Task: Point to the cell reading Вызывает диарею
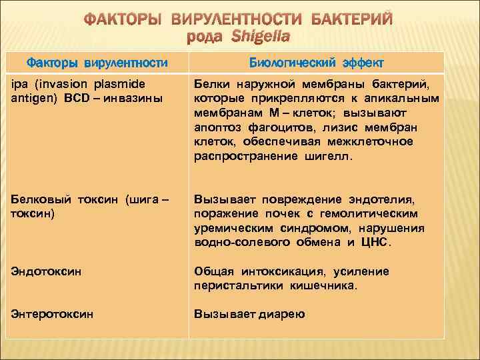249,313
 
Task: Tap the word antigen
31,99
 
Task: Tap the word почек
265,213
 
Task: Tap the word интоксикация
279,272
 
